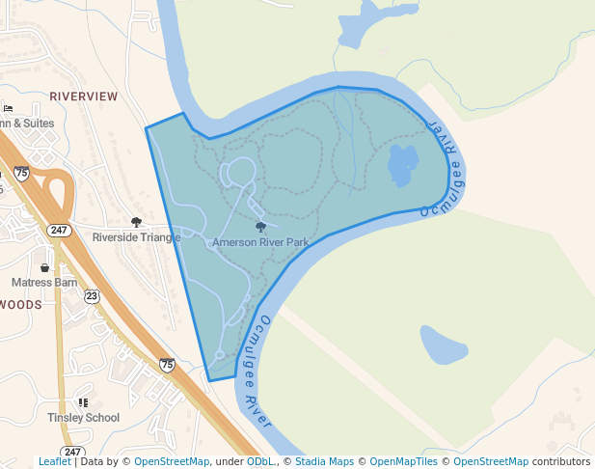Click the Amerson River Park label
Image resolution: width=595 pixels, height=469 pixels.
tap(260, 242)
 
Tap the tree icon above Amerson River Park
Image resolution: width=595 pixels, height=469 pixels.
tap(260, 228)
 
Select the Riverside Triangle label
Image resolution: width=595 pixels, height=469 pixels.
tap(136, 236)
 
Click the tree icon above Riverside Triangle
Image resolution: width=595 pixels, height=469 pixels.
tap(136, 222)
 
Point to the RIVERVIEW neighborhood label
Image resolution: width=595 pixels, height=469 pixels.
tap(83, 97)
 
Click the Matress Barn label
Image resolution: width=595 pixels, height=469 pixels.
tap(44, 283)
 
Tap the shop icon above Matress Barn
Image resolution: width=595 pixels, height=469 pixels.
tap(44, 267)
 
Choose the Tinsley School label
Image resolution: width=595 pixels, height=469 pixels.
tap(83, 418)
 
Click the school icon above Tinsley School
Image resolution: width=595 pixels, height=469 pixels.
tap(83, 402)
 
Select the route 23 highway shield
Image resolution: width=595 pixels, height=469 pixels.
tap(91, 295)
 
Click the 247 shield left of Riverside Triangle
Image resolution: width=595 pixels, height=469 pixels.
tap(59, 230)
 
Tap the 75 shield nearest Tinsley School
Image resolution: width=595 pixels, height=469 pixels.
tap(167, 365)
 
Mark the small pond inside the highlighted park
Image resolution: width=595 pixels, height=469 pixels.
tap(403, 165)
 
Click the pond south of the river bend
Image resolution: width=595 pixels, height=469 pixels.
tap(443, 345)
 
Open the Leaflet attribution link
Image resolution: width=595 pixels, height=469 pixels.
tap(54, 461)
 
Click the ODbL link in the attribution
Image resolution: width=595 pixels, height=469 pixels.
tap(260, 461)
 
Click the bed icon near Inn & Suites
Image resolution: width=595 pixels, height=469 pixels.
tap(8, 107)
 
